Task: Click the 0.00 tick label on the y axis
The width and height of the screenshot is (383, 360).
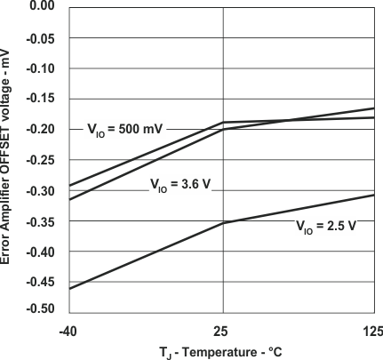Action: point(43,6)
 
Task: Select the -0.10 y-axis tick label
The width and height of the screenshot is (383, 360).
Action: point(41,68)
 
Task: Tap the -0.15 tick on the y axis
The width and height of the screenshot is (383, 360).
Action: point(41,99)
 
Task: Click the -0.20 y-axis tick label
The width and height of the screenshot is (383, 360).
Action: point(41,130)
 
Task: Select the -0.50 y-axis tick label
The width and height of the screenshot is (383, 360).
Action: point(41,308)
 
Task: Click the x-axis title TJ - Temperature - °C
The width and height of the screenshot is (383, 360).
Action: point(221,351)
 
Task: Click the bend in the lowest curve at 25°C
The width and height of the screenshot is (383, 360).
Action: point(222,223)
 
